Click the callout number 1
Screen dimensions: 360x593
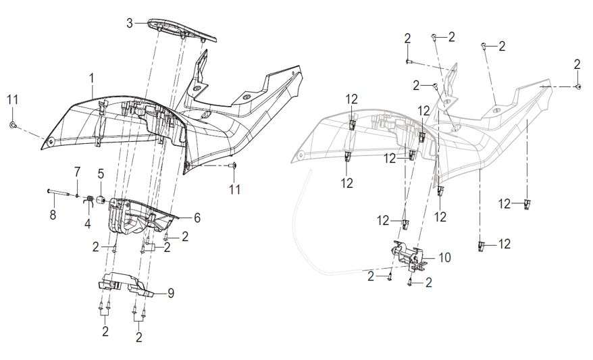(91, 80)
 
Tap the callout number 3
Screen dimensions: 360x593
(130, 24)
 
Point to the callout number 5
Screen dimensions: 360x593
(101, 173)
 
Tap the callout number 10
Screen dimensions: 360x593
(444, 257)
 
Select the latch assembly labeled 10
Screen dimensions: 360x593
(409, 257)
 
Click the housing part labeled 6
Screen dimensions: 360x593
(145, 216)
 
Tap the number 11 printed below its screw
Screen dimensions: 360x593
(234, 190)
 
